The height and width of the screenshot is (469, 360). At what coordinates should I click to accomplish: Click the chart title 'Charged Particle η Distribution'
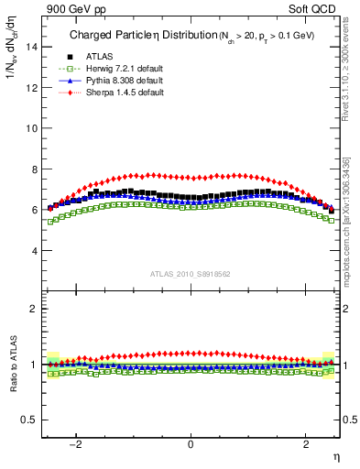pos(133,37)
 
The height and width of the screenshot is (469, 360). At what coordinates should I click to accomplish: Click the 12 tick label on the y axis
pos(31,88)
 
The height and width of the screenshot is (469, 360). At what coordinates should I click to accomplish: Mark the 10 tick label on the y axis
pos(31,128)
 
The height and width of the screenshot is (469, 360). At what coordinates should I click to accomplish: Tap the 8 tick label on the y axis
pos(34,169)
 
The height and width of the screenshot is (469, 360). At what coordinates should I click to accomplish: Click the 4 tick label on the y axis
pos(34,250)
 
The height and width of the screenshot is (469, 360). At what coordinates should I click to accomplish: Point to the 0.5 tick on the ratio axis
pos(29,420)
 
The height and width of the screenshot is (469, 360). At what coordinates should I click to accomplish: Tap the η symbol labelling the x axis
pos(335,456)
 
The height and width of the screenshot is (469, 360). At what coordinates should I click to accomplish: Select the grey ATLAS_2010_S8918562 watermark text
pos(190,273)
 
